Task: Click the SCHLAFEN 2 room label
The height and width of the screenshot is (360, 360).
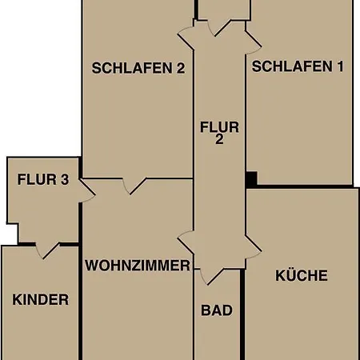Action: point(138,68)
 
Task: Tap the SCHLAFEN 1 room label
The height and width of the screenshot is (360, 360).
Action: point(298,66)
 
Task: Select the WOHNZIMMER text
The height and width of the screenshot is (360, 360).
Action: point(138,266)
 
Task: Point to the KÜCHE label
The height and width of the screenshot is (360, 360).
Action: point(302,275)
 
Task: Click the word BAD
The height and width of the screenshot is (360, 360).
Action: point(217,310)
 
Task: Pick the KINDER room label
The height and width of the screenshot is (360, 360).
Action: point(41,299)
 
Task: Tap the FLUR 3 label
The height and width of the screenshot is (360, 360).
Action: point(43,179)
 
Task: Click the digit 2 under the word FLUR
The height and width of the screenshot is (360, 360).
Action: point(219,139)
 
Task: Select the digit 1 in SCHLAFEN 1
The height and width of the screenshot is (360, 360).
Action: point(340,66)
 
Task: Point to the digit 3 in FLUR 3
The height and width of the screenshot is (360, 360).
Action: point(65,179)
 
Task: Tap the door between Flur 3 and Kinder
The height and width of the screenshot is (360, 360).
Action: point(47,251)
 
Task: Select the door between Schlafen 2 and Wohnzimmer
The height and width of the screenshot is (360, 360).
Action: point(134,186)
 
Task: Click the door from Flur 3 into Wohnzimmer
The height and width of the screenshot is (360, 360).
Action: point(87,190)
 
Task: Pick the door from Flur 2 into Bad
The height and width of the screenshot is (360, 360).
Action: point(212,277)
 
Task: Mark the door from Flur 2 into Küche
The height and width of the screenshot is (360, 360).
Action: point(254,247)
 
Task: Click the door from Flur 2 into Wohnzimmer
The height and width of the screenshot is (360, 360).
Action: point(186,242)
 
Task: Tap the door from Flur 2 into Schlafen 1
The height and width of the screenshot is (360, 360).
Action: point(254,42)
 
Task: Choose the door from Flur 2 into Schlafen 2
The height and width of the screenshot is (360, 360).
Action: point(186,38)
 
